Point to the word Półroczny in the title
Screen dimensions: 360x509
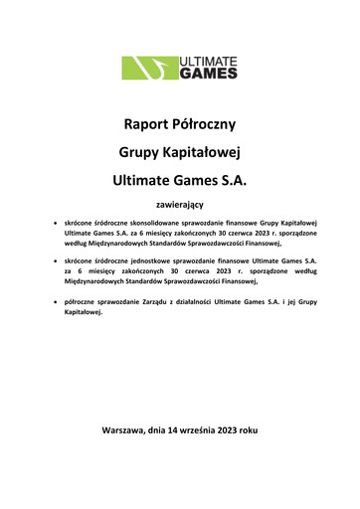click(206, 126)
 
